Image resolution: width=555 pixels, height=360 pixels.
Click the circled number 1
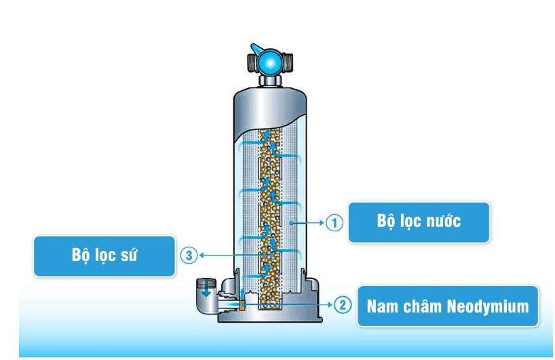click(x=334, y=222)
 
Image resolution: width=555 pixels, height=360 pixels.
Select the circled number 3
click(x=189, y=255)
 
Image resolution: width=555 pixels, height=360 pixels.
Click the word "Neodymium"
click(x=487, y=306)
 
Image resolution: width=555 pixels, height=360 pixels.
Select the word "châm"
click(x=422, y=306)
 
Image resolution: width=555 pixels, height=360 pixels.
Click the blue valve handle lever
click(x=256, y=49)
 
